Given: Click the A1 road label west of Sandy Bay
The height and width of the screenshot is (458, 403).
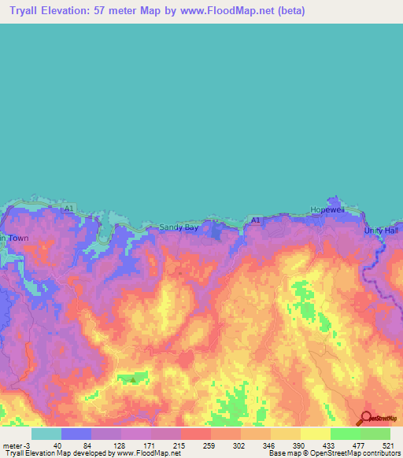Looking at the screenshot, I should [69, 209].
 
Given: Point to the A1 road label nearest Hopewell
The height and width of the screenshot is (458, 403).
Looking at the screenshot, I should [256, 220].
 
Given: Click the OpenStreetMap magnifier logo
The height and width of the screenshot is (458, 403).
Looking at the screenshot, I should [367, 419].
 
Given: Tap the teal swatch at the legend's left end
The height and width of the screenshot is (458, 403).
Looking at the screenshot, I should [46, 434].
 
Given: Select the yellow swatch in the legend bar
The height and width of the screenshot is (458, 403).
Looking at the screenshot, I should [316, 434].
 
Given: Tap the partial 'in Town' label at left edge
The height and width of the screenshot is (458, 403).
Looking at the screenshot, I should [13, 238].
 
